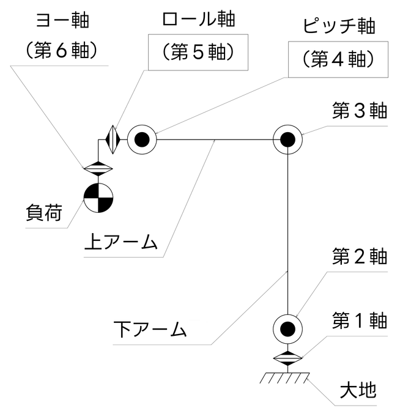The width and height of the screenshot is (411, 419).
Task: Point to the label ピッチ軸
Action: tap(338, 27)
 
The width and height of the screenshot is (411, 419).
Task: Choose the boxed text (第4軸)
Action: tap(338, 60)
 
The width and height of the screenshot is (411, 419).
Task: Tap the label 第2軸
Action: tap(360, 256)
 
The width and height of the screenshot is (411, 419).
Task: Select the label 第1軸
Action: tap(360, 320)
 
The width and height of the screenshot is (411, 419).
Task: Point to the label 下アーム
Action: tap(150, 330)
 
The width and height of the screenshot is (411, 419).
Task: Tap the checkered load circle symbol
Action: tap(98, 198)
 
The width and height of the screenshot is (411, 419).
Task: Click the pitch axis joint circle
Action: tap(142, 139)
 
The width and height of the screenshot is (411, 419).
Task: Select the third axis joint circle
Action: tap(287, 139)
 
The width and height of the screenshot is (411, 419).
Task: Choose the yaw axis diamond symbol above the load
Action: tap(98, 167)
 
